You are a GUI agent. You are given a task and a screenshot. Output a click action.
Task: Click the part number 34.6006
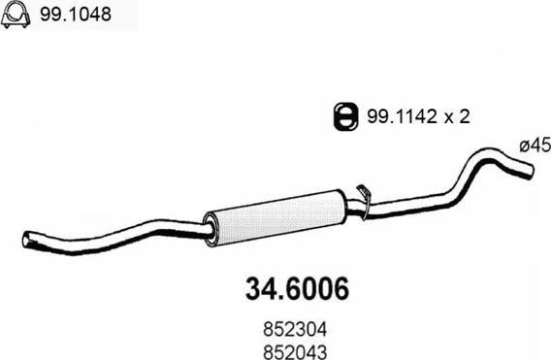tap(292, 289)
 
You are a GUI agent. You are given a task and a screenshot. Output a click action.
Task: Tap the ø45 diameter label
tap(534, 145)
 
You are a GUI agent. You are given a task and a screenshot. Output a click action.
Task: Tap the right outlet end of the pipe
tap(528, 171)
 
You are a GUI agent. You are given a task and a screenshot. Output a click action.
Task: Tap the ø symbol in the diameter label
tap(524, 145)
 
